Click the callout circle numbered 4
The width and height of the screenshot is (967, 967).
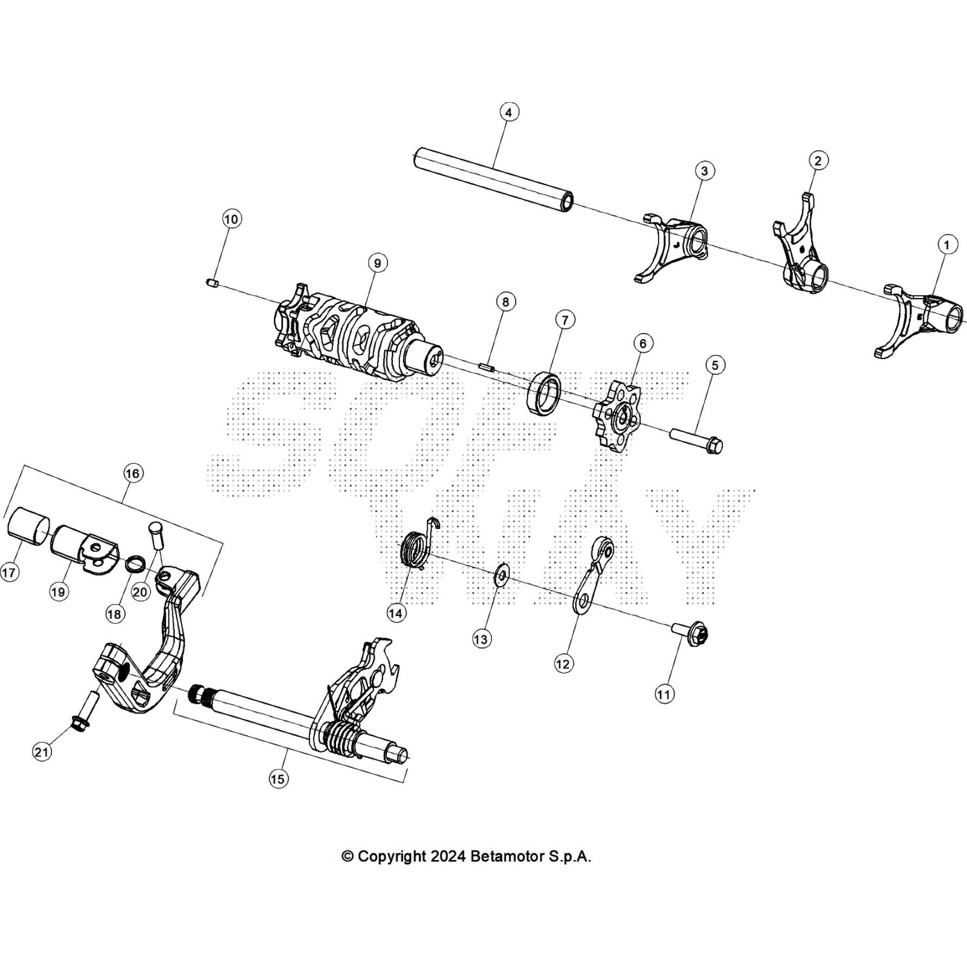509,112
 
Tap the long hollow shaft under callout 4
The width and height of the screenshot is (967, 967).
493,181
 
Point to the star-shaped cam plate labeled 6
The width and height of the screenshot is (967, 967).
617,415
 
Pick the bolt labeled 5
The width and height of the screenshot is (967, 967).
697,440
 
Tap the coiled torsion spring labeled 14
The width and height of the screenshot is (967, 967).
416,549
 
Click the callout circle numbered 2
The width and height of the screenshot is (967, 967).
818,161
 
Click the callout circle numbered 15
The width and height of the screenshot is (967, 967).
277,779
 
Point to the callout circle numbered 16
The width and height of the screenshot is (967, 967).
133,473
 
